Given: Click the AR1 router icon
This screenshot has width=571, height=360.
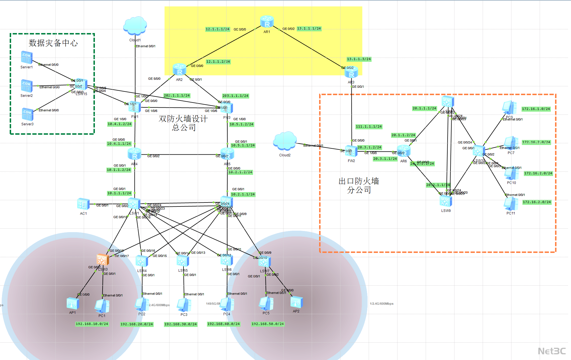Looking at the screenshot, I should coord(267,22).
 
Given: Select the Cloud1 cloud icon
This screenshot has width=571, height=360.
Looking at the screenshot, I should coord(135,26).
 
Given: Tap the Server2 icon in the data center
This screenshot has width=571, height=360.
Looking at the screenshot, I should coord(27,86).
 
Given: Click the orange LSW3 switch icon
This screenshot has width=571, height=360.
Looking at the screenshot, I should coord(102,260).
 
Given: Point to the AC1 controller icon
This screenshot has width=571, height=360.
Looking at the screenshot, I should coord(83,204).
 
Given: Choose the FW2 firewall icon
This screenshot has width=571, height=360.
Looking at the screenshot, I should coord(351,151).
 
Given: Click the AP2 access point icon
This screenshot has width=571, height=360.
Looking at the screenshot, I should coord(296,302).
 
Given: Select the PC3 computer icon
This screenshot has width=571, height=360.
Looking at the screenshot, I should coord(184,305).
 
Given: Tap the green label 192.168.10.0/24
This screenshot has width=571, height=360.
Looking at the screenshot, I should coord(92,324).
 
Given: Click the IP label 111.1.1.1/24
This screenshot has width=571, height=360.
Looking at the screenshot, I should coord(369,126).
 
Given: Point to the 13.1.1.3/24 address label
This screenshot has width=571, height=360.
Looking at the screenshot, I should coord(359,59).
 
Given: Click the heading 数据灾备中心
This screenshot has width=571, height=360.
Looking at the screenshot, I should coord(53,43).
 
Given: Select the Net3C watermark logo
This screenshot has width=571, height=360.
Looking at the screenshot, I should coord(552,351).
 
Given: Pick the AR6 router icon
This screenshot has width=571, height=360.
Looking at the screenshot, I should coord(403,151).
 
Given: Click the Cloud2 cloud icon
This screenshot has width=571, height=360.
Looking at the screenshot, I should coord(285,141).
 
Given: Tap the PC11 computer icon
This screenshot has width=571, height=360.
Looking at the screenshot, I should coord(511,204).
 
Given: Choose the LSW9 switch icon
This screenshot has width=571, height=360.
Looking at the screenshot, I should coord(446,201).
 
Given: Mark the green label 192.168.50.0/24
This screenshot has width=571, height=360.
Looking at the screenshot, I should coord(268,324).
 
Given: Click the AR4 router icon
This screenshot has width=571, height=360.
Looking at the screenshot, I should coord(134,154).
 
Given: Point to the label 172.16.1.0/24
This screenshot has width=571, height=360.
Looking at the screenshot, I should coord(536,109).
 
